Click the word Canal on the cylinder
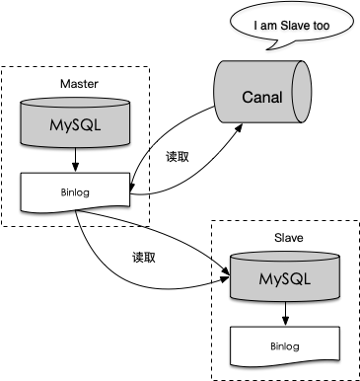pyautogui.click(x=262, y=97)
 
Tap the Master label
pyautogui.click(x=79, y=84)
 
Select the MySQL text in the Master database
pyautogui.click(x=75, y=124)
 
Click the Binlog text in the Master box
pyautogui.click(x=75, y=191)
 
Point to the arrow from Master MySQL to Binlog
pyautogui.click(x=76, y=159)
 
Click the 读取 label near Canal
pyautogui.click(x=178, y=157)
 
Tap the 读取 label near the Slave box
pyautogui.click(x=144, y=258)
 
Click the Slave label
pyautogui.click(x=289, y=238)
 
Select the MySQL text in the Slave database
pyautogui.click(x=285, y=279)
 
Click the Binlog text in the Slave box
pyautogui.click(x=285, y=346)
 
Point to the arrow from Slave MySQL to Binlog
pyautogui.click(x=285, y=313)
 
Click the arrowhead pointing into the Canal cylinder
pyautogui.click(x=239, y=127)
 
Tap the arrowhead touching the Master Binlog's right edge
pyautogui.click(x=132, y=187)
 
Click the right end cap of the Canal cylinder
pyautogui.click(x=302, y=92)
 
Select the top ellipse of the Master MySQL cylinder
pyautogui.click(x=75, y=103)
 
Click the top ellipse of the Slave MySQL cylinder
pyautogui.click(x=285, y=257)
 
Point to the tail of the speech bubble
pyautogui.click(x=272, y=45)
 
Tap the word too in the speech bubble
pyautogui.click(x=322, y=26)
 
